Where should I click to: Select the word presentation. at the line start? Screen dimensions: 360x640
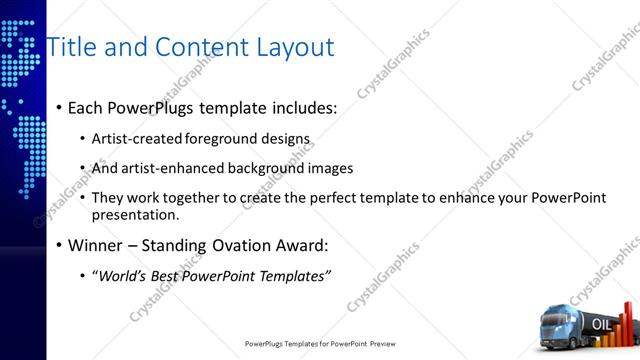[135, 214]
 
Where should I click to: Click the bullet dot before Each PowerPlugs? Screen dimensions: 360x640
[60, 106]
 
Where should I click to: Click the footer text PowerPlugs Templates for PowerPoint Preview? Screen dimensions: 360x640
[319, 343]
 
